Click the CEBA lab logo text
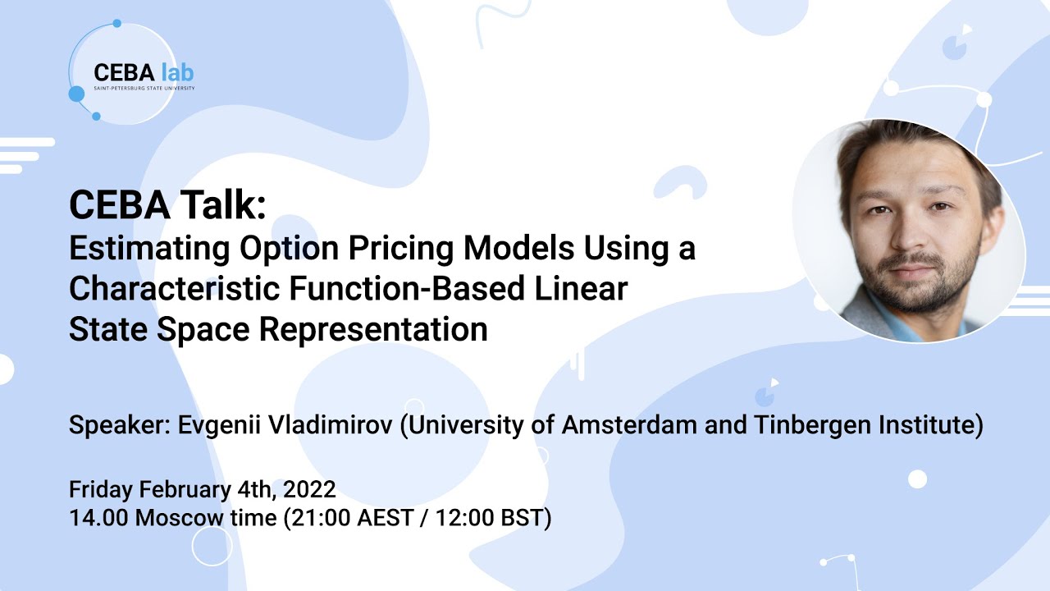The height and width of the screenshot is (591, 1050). coord(144,72)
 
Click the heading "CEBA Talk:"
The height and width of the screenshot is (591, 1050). coord(167,205)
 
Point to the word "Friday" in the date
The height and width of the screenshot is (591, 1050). coord(101,490)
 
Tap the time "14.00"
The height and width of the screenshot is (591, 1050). coord(98,519)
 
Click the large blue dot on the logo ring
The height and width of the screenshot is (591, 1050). coord(76,94)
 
